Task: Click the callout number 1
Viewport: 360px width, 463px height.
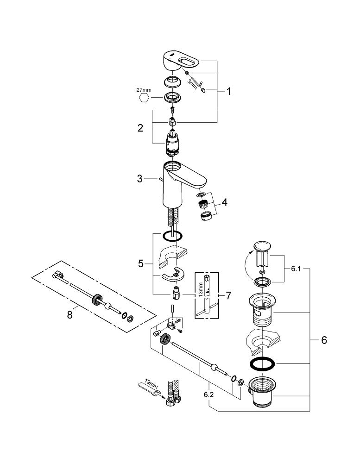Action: coord(228,92)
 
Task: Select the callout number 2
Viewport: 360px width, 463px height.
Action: coord(140,128)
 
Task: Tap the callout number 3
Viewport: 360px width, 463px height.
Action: coord(140,179)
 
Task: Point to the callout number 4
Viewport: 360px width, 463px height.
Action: coord(225,203)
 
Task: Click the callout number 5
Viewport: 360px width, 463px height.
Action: coord(141,264)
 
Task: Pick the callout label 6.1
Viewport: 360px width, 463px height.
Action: coord(296,269)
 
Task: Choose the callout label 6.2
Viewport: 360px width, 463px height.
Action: coord(208,395)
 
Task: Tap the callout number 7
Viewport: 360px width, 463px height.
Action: coord(228,295)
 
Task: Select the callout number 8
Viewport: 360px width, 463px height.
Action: coord(70,315)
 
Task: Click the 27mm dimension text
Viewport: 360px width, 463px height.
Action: coord(144,90)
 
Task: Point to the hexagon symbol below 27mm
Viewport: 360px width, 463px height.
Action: coord(143,97)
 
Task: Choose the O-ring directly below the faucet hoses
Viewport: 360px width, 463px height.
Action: coord(172,236)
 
